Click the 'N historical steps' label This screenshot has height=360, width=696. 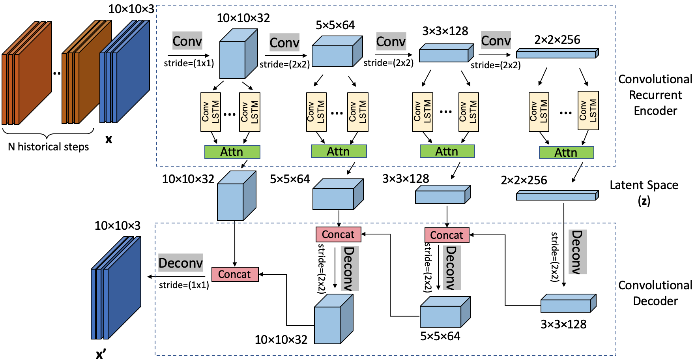pyautogui.click(x=48, y=147)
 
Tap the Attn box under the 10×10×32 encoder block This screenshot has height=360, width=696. pyautogui.click(x=232, y=152)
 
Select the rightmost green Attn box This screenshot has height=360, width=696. pyautogui.click(x=566, y=153)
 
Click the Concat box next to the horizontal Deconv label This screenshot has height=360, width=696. pyautogui.click(x=235, y=274)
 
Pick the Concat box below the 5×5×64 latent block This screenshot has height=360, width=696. pyautogui.click(x=338, y=234)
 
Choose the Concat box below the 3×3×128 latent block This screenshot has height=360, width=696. pyautogui.click(x=447, y=235)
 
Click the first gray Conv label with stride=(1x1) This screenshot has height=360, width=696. pyautogui.click(x=187, y=41)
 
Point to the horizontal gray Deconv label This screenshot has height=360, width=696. pyautogui.click(x=181, y=263)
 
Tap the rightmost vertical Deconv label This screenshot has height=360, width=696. pyautogui.click(x=577, y=252)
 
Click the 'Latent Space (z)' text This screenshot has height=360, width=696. pyautogui.click(x=644, y=193)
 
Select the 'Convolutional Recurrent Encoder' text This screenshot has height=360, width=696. pyautogui.click(x=655, y=95)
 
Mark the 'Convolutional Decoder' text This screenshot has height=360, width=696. pyautogui.click(x=655, y=293)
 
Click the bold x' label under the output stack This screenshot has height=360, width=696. pyautogui.click(x=101, y=354)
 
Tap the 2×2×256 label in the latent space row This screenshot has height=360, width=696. pyautogui.click(x=524, y=180)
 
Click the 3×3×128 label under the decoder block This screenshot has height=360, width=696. pyautogui.click(x=563, y=324)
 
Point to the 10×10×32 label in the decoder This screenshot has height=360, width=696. pyautogui.click(x=281, y=339)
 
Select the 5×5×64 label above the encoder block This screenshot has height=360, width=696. pyautogui.click(x=335, y=25)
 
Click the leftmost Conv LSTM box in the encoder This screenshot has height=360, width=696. pyautogui.click(x=210, y=112)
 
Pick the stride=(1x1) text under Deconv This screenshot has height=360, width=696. pyautogui.click(x=184, y=285)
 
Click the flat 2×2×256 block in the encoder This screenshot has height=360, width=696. pyautogui.click(x=557, y=53)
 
